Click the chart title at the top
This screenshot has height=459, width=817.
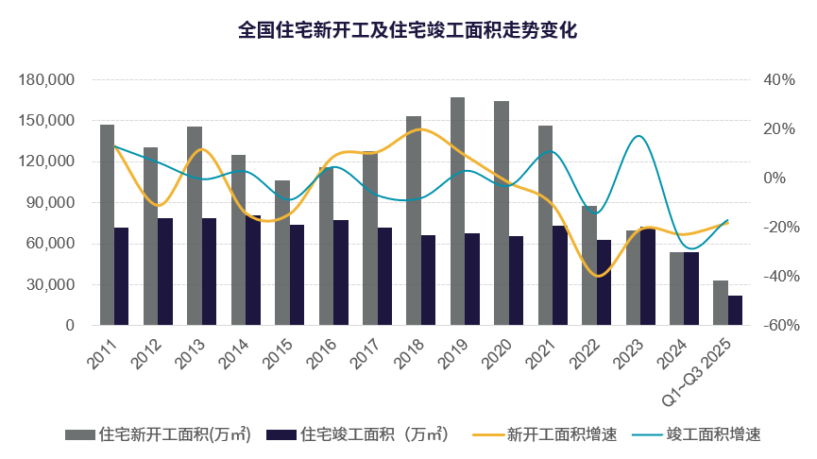coord(407,30)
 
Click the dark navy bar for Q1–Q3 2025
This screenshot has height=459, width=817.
coord(735,310)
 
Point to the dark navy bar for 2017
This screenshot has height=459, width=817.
coord(384,276)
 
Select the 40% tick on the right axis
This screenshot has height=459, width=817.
coord(781,80)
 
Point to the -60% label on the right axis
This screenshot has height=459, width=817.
coord(781,326)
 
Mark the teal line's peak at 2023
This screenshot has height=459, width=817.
coord(639,136)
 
